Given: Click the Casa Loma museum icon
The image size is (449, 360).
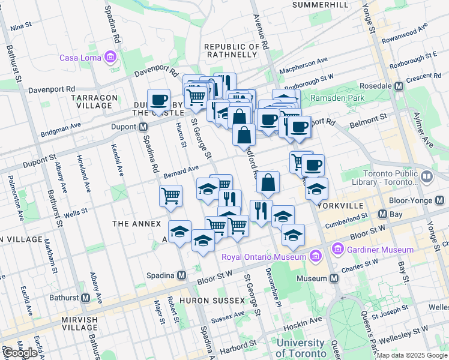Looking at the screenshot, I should point(110,58).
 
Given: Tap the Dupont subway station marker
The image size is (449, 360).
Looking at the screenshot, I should point(143,127).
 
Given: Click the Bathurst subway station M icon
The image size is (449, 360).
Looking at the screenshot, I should point(85,298).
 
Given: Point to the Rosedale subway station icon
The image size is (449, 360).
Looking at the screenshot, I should point(397,86).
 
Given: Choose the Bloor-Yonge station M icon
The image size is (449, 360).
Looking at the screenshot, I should point(382,214).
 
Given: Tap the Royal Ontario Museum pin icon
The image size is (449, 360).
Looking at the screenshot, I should point(316,257).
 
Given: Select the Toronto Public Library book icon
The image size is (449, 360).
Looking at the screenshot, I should point(426,176).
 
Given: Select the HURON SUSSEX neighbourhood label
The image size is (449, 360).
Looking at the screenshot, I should point(217,300).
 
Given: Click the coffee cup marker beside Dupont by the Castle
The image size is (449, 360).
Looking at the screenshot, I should point(159,100).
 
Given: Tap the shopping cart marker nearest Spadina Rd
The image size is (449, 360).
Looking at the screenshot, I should point(170,195).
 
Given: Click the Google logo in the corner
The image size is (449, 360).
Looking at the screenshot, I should point(20,353).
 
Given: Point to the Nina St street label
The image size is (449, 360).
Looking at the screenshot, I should point(20,27).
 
